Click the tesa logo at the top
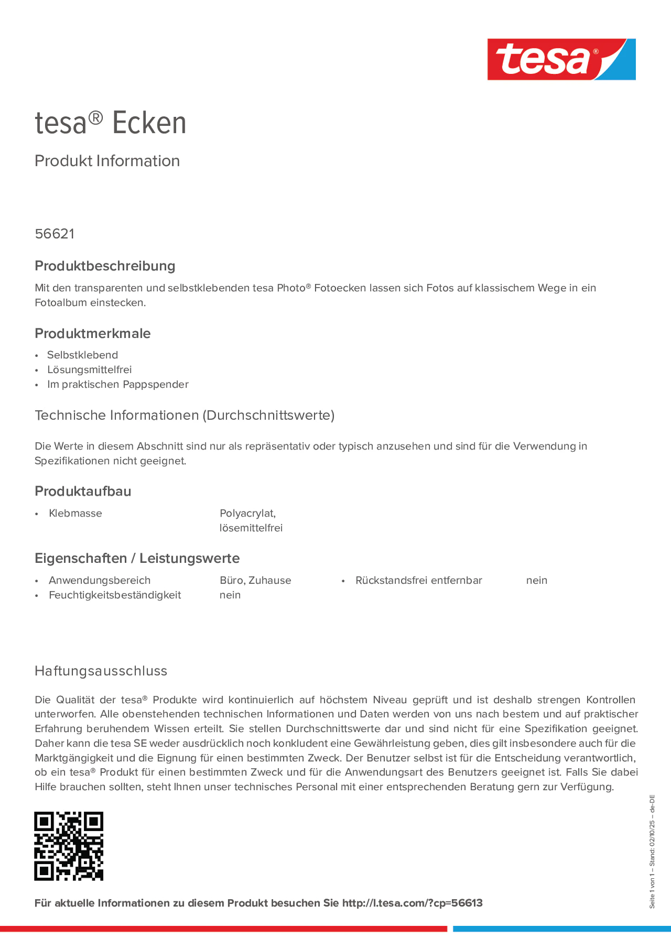click(561, 60)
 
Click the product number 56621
click(55, 234)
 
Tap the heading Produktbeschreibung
click(105, 266)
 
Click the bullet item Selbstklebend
click(82, 355)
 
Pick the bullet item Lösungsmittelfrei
click(89, 370)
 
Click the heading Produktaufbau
click(83, 491)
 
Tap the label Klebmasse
click(75, 513)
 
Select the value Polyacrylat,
click(247, 513)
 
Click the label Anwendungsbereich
click(99, 580)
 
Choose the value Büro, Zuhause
click(255, 580)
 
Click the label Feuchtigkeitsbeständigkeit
click(115, 595)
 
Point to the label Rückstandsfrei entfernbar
click(419, 580)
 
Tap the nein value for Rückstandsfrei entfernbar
click(537, 580)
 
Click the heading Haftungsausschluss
click(101, 671)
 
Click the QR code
click(69, 846)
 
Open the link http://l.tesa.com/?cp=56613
click(412, 903)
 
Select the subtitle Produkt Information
click(107, 161)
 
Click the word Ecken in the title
click(149, 123)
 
